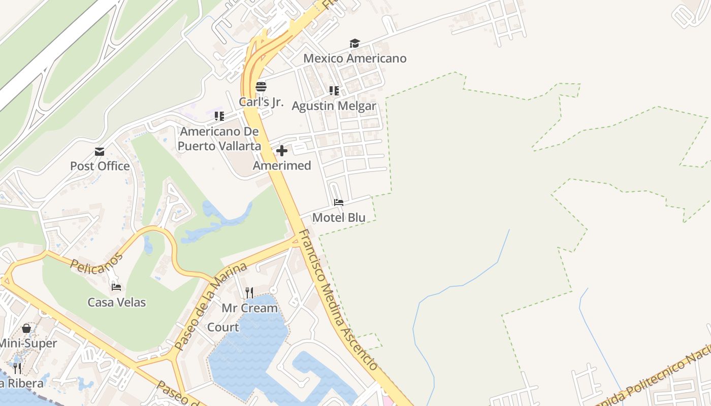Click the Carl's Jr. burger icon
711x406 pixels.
point(261,86)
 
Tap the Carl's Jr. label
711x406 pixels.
point(261,101)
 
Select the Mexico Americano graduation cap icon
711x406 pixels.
point(354,44)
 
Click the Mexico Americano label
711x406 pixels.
point(355,58)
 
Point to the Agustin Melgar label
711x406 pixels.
point(334,106)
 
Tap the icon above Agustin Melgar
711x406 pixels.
point(334,91)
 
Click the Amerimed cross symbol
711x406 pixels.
point(282,151)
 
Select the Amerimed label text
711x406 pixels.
point(282,165)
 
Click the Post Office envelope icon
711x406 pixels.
point(100,152)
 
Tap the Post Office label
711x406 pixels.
point(100,166)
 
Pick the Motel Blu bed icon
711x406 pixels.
point(339,202)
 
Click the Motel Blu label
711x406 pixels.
point(339,218)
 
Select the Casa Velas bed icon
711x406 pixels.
point(116,287)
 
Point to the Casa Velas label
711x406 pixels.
point(117,302)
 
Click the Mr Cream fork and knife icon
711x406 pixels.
point(249,293)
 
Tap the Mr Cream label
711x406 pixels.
point(249,308)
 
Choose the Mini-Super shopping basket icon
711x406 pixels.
point(26,328)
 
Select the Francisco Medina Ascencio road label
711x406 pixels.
point(338,300)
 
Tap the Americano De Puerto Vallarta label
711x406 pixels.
point(219,139)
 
